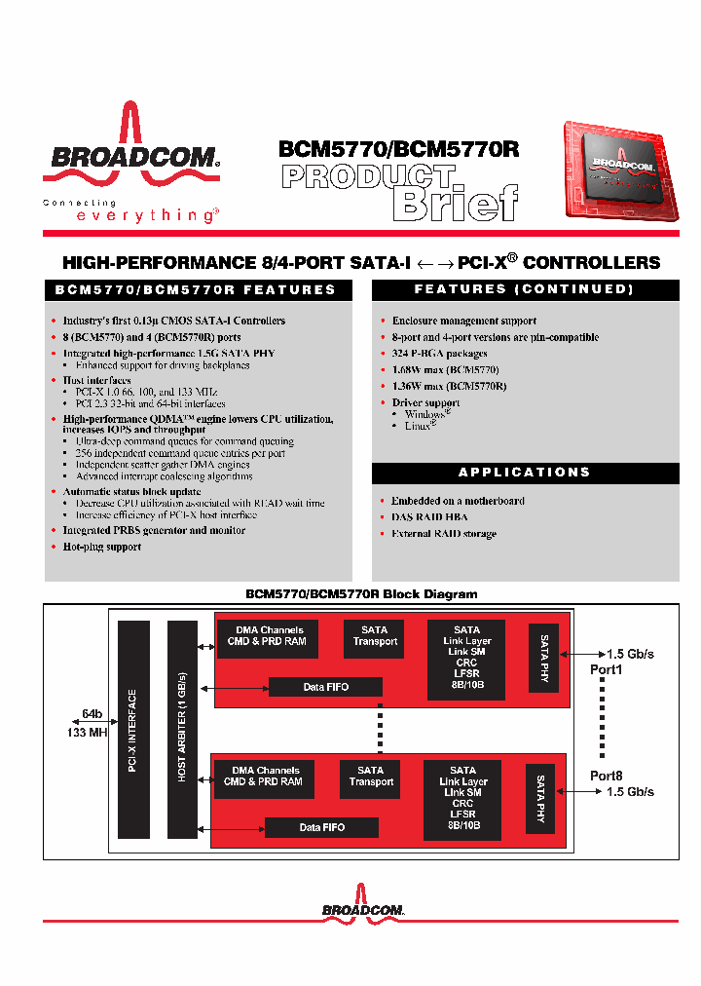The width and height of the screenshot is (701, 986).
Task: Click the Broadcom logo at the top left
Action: point(130,156)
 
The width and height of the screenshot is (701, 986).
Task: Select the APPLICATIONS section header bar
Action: point(525,473)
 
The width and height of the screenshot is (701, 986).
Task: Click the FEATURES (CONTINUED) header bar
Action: point(525,289)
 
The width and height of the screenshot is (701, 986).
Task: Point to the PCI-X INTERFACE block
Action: point(133,731)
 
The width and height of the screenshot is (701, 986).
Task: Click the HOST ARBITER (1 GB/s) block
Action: point(182,731)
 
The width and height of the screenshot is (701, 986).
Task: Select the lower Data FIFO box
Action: point(322,827)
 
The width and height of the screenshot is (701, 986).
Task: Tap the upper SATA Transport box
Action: point(374,636)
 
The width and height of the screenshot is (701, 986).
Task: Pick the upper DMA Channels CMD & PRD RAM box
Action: point(267,636)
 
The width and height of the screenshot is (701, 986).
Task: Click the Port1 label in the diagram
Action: point(606,670)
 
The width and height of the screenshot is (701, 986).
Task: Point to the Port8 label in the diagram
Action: point(606,776)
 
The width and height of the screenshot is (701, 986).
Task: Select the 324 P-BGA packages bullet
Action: point(439,354)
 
